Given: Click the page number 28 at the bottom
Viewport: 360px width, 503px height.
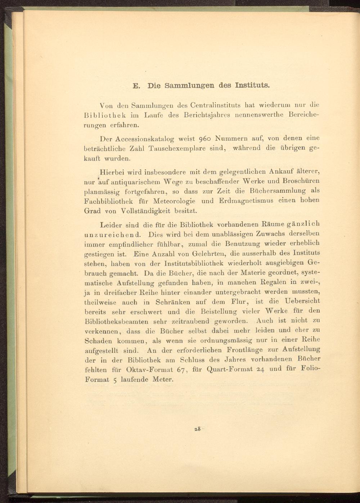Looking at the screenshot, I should (197, 429).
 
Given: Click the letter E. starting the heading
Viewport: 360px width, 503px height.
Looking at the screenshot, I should (136, 86).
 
